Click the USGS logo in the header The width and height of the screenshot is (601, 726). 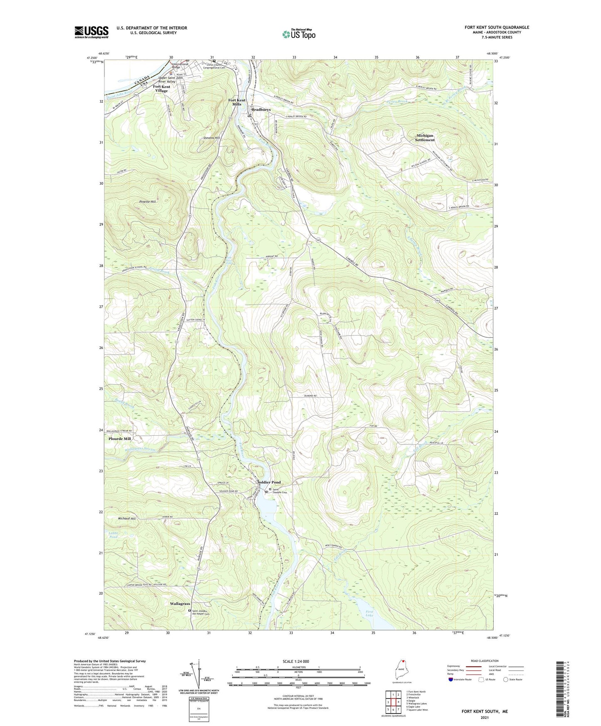coord(92,32)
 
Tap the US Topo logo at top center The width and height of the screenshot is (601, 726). coord(299,34)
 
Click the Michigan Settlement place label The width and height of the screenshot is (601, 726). coord(425,138)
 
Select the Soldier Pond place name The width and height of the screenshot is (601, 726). coord(269,482)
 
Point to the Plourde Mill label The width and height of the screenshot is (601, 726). coord(120,439)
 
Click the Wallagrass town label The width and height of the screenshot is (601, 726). coord(180,603)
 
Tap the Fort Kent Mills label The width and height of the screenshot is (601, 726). coord(237,102)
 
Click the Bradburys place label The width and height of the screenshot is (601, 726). coord(261,109)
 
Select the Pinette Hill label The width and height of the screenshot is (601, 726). coord(148,201)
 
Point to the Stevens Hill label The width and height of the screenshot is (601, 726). coord(212,137)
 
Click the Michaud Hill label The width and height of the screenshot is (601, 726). coord(127,519)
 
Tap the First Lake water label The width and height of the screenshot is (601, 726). coord(369,614)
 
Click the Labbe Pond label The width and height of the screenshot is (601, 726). coord(114,535)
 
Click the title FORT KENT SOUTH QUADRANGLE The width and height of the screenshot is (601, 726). coord(497,27)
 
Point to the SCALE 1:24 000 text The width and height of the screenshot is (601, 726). coord(295,661)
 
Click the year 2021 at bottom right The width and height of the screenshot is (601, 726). coord(485,717)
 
